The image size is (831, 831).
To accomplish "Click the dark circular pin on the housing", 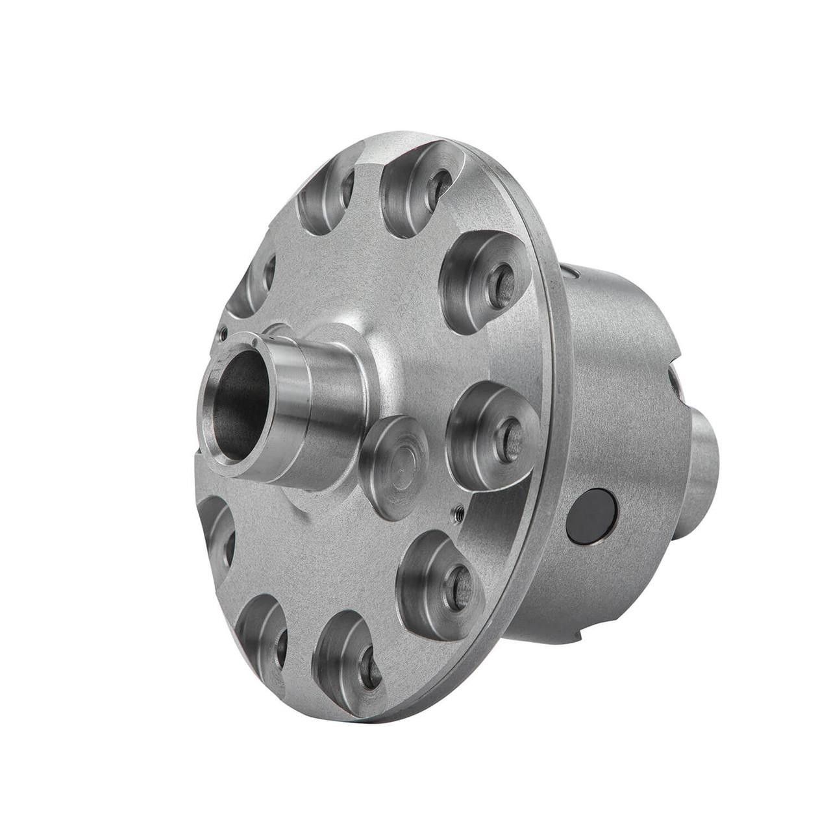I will (x=591, y=515).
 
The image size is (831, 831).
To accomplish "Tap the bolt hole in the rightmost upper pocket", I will (x=500, y=286).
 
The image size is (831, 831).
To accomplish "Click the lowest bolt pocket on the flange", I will (x=351, y=659).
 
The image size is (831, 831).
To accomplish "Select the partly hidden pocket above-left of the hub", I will (x=253, y=282).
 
